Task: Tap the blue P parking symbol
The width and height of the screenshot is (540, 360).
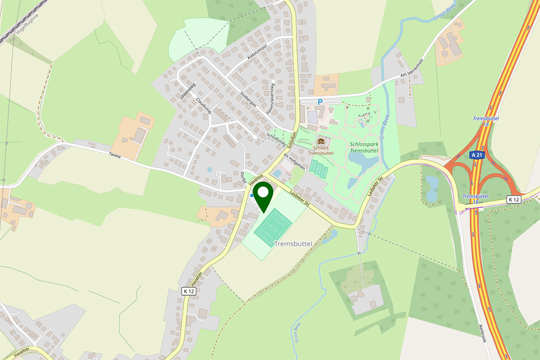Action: pos(320,101)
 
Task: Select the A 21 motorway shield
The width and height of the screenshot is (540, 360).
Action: pos(476,155)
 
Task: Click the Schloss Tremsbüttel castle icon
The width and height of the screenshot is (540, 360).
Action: pos(321,141)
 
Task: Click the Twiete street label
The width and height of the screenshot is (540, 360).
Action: pos(114,156)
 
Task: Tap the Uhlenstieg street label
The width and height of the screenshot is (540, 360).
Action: pos(185,89)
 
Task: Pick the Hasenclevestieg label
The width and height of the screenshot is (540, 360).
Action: pos(270,99)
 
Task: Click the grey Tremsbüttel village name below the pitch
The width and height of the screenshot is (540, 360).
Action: pos(293,244)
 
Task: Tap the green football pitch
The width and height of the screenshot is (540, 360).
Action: pos(273,227)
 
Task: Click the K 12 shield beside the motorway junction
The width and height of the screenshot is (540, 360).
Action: pos(514,200)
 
